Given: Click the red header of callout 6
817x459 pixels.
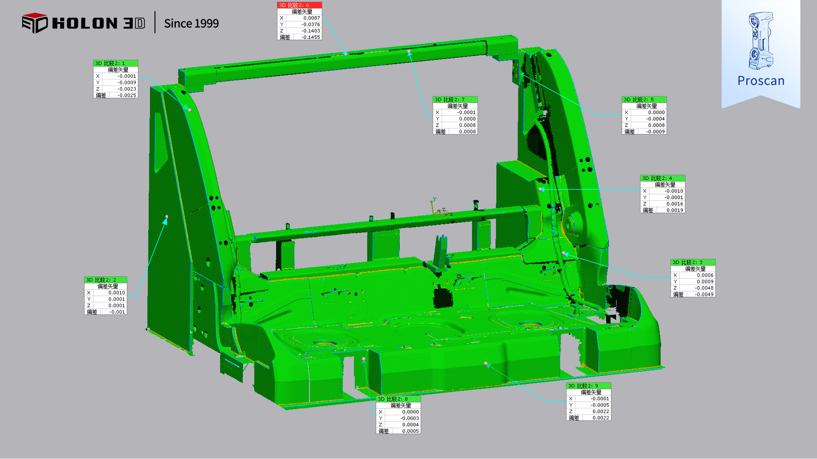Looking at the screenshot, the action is click(x=300, y=5).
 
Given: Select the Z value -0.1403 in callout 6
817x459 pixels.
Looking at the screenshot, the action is click(x=311, y=31).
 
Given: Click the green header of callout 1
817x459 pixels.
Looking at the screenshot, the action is click(x=116, y=63).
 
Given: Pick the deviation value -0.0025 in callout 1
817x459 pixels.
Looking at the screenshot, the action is click(x=127, y=96).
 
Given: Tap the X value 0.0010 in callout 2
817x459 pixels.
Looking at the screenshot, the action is click(x=117, y=293).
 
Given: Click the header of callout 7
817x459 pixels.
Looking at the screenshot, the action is click(x=455, y=100).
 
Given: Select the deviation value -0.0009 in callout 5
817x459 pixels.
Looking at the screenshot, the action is click(x=655, y=132).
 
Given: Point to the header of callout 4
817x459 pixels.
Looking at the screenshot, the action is click(x=663, y=178).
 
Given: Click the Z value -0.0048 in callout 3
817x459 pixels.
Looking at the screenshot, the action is click(x=704, y=288).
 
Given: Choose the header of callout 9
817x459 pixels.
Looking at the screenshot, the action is click(x=588, y=386).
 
